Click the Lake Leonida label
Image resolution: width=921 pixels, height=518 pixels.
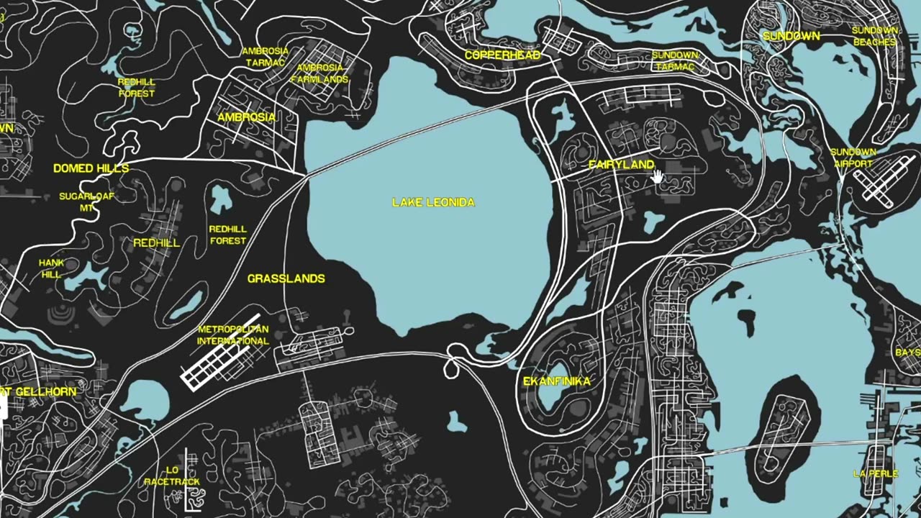[x=433, y=203]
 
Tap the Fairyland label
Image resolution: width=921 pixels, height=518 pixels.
[x=621, y=165]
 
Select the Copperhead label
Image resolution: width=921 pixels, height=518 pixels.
[x=502, y=55]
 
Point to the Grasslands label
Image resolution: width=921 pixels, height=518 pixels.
[x=286, y=278]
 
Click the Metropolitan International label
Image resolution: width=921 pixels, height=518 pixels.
[x=232, y=335]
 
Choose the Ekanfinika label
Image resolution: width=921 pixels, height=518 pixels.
[x=556, y=381]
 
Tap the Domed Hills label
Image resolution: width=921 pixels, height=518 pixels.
[x=91, y=168]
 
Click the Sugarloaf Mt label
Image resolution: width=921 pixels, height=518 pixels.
[x=86, y=201]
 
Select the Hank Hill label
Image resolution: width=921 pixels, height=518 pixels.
[x=51, y=268]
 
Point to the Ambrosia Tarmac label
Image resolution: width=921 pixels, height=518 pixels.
[x=265, y=57]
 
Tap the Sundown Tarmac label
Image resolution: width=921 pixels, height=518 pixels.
[x=675, y=61]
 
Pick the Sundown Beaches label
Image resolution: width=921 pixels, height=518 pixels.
[x=874, y=36]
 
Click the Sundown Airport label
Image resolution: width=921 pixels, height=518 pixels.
[x=853, y=158]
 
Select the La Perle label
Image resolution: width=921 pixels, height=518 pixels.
[x=875, y=473]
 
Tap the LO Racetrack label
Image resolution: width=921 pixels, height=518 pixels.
[x=172, y=476]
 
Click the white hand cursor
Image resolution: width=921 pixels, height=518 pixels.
[x=659, y=177]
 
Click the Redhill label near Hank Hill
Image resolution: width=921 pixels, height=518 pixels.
[x=156, y=243]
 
